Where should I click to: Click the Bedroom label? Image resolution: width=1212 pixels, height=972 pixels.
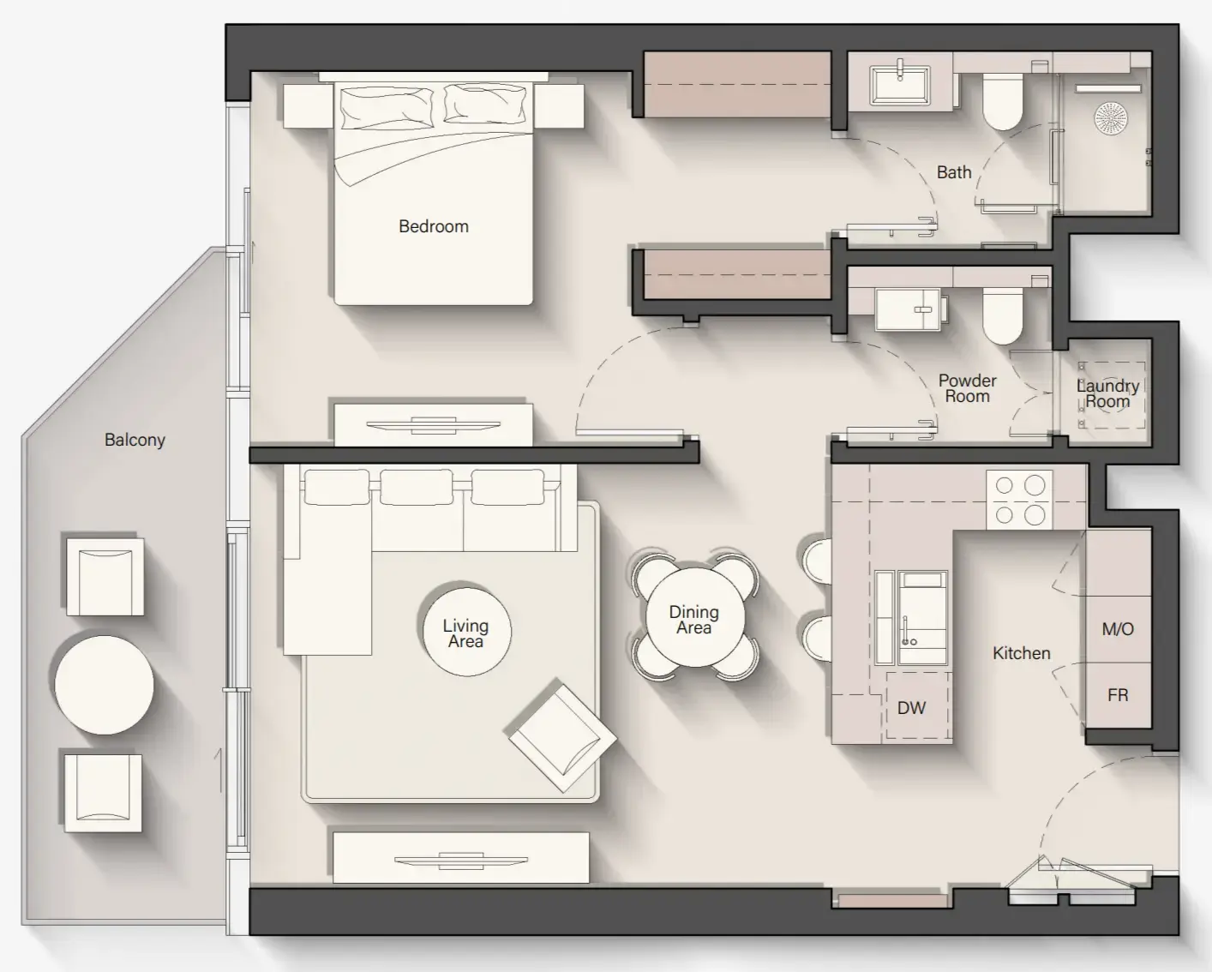tap(434, 226)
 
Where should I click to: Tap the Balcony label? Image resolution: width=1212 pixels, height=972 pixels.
tap(135, 440)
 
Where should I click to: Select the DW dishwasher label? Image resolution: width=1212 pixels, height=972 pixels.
tap(911, 708)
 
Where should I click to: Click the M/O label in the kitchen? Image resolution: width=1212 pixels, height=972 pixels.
tap(1118, 629)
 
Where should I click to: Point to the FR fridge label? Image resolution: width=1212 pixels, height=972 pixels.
tap(1118, 695)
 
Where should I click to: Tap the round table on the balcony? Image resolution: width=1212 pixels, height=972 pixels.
tap(104, 685)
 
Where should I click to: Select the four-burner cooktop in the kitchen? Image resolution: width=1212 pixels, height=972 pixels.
tap(1019, 500)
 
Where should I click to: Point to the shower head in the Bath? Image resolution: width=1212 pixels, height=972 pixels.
tap(1111, 117)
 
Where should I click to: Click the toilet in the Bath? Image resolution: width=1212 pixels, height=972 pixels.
tap(1002, 100)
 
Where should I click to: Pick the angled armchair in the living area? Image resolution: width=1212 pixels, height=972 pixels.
tap(561, 736)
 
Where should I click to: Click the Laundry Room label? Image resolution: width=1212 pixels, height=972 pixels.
tap(1107, 393)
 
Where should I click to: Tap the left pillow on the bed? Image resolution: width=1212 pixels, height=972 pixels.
tap(385, 107)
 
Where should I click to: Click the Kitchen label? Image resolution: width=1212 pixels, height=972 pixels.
tap(1021, 653)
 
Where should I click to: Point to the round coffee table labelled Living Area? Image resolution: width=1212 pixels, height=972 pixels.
tap(466, 633)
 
